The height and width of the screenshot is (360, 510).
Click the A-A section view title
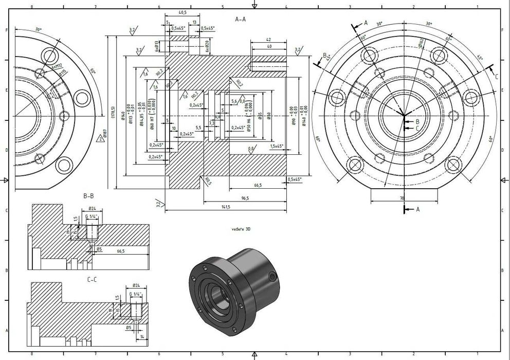(240, 20)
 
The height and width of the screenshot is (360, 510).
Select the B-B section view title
(88, 196)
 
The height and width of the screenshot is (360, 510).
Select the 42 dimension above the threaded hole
(268, 39)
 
